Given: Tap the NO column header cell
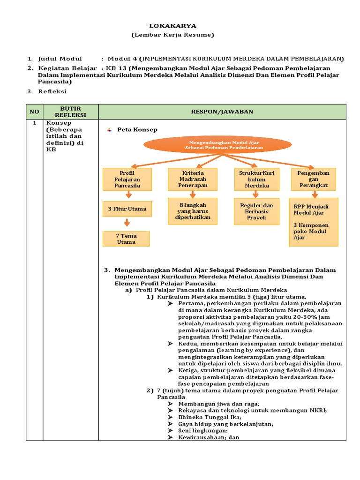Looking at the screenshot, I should [x=34, y=112].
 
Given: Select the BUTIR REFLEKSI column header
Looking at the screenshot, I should [x=70, y=112].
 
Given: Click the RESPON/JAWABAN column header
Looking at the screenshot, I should [x=222, y=112].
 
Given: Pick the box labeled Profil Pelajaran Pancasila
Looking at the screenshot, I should [x=127, y=180].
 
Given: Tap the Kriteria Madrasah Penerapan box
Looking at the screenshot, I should [x=192, y=180].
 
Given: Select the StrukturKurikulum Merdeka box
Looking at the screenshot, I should [x=257, y=180].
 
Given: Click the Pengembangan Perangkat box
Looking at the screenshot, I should [x=314, y=180].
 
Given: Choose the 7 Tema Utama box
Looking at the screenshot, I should [x=126, y=239].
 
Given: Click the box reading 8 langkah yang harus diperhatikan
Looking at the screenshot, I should [x=192, y=211].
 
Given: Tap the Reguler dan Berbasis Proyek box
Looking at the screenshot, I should [x=256, y=211].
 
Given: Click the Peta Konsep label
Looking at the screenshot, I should [x=137, y=130].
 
